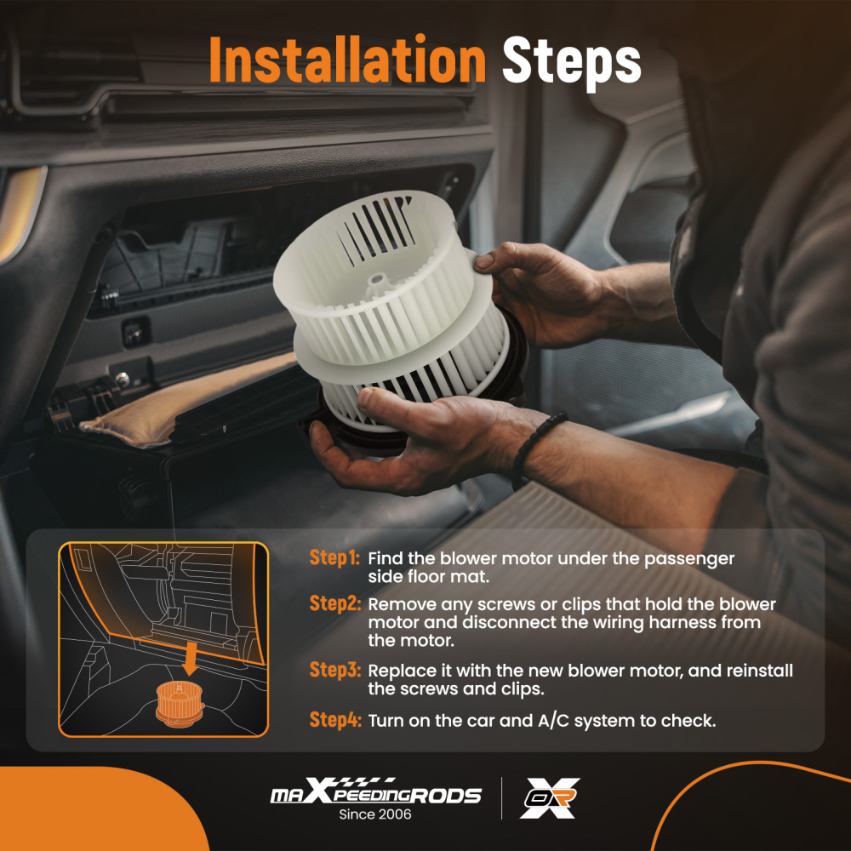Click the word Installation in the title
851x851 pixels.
[x=347, y=60]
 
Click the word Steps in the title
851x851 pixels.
[x=572, y=62]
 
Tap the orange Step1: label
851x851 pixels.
[x=334, y=558]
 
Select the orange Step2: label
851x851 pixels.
[x=334, y=603]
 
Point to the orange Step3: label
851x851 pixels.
[x=334, y=670]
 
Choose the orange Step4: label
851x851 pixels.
[x=334, y=720]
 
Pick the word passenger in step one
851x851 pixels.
[x=689, y=560]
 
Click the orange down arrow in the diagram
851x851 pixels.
[x=190, y=657]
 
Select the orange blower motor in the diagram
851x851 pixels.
[x=179, y=704]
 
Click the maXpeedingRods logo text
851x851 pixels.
[x=375, y=792]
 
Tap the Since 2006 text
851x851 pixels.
[x=375, y=814]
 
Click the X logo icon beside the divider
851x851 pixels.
[x=550, y=798]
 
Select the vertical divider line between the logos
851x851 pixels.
[x=501, y=798]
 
